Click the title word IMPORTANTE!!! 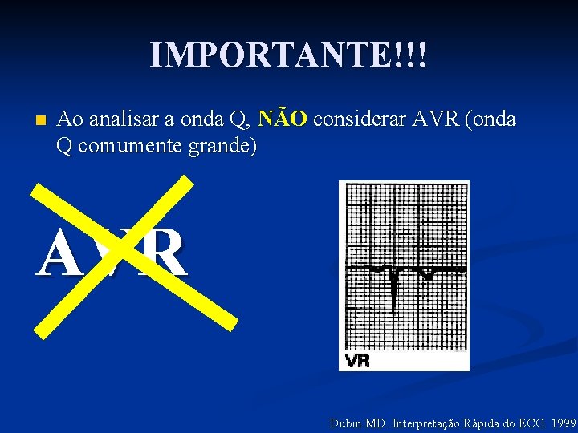tap(289, 55)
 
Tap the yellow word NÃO tap(285, 119)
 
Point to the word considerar tap(360, 120)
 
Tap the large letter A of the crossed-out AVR tap(60, 254)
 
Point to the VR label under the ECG tap(358, 361)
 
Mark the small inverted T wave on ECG tap(427, 275)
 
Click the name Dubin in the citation tap(345, 423)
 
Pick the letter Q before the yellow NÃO tap(238, 120)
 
